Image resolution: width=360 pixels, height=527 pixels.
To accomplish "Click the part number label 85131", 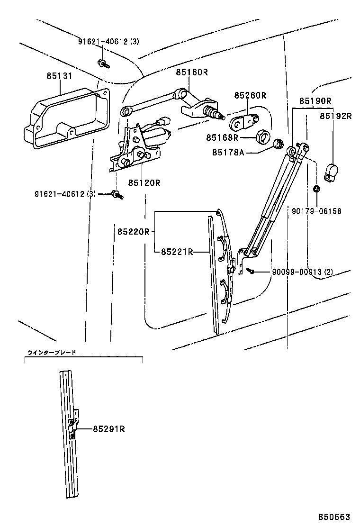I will (60, 76).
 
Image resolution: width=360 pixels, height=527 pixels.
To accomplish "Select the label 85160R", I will (192, 72).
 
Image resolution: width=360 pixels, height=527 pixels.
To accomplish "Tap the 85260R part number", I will (250, 96).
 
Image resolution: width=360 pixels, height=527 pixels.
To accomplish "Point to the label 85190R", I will (315, 101).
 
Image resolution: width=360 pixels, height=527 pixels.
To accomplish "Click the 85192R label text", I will (335, 116).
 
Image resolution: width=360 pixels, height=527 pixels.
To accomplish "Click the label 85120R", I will (144, 182).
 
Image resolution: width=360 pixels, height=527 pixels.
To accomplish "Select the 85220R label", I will (134, 232).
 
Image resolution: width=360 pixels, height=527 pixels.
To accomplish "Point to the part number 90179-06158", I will (317, 211).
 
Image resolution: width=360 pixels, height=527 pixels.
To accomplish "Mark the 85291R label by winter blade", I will (108, 429).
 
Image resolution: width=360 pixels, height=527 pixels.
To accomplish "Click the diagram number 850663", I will (337, 517).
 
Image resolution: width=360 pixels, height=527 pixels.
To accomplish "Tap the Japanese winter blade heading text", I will (52, 352).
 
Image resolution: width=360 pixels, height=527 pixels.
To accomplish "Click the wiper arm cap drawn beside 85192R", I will (332, 173).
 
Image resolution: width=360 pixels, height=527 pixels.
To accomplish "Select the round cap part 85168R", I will (263, 136).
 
